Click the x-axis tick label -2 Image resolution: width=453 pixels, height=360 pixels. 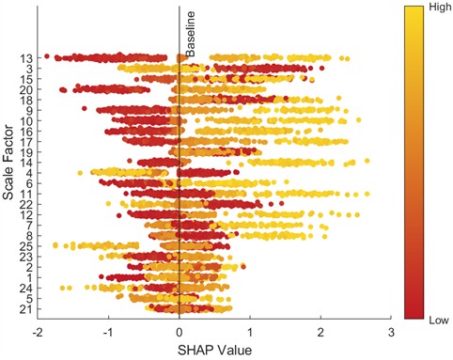(x=38, y=332)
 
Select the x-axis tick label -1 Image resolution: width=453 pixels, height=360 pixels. (x=108, y=332)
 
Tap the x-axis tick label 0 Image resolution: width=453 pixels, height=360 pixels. (x=180, y=332)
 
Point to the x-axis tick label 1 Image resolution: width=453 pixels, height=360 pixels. (x=250, y=332)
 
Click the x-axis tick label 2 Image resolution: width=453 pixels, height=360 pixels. (x=320, y=332)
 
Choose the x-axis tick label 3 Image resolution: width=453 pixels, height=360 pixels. (x=391, y=332)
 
